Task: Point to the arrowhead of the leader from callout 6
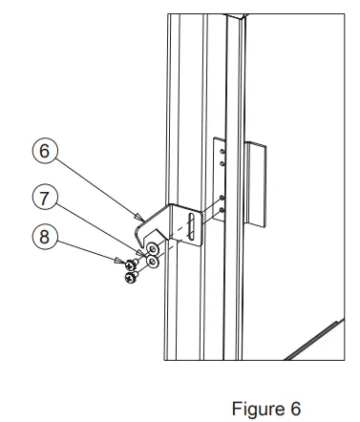point(142,219)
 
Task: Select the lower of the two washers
point(152,262)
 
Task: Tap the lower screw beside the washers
point(131,277)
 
